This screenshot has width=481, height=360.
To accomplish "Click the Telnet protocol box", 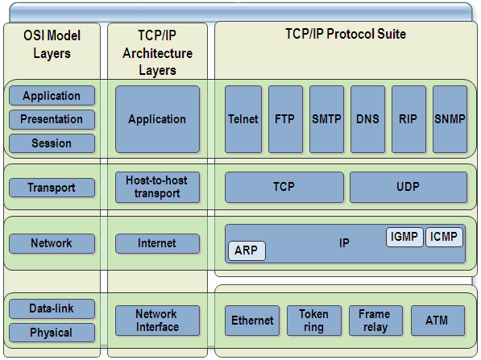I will pyautogui.click(x=243, y=119).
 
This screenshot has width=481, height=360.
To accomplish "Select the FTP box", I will pyautogui.click(x=284, y=119).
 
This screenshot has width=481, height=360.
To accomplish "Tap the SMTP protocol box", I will pyautogui.click(x=326, y=119).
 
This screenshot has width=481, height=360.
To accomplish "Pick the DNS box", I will pyautogui.click(x=367, y=119).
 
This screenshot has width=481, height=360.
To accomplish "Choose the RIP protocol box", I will pyautogui.click(x=408, y=119).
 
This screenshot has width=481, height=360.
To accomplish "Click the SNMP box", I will pyautogui.click(x=449, y=119).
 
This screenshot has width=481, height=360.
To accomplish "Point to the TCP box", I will pyautogui.click(x=284, y=187).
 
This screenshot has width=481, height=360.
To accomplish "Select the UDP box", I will pyautogui.click(x=408, y=187).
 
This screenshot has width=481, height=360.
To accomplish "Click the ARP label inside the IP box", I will pyautogui.click(x=246, y=250).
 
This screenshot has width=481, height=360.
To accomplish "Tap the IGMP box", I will pyautogui.click(x=405, y=237).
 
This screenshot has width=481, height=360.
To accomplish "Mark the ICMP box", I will pyautogui.click(x=444, y=237).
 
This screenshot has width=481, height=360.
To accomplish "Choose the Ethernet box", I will pyautogui.click(x=252, y=321).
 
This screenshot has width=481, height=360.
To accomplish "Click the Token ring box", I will pyautogui.click(x=313, y=321).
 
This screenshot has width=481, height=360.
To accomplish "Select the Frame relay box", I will pyautogui.click(x=375, y=321).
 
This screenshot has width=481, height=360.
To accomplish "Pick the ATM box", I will pyautogui.click(x=437, y=321).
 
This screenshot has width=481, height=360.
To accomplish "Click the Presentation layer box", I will pyautogui.click(x=52, y=119).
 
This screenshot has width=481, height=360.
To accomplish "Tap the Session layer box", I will pyautogui.click(x=52, y=143).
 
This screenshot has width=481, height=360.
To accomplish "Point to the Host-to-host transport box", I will pyautogui.click(x=157, y=187).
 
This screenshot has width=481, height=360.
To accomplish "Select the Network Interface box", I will pyautogui.click(x=156, y=321).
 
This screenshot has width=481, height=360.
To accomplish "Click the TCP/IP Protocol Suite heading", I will pyautogui.click(x=346, y=35).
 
